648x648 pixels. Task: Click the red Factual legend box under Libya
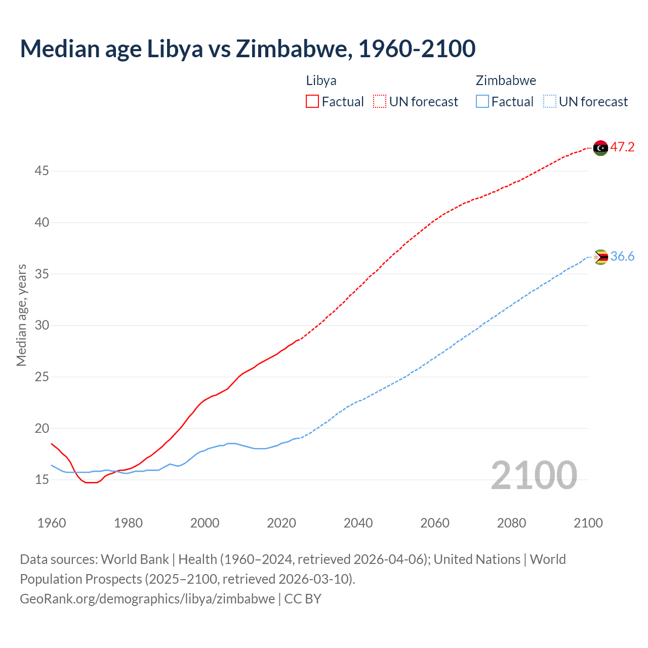point(312,101)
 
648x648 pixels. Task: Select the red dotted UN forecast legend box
point(380,101)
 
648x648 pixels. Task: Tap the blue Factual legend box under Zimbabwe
point(482,101)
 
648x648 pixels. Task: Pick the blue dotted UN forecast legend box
point(549,101)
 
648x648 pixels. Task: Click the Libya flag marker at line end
point(600,148)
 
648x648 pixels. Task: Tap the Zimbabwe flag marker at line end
point(600,257)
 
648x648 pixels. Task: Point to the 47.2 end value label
point(622,147)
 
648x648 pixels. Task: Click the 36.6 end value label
point(622,257)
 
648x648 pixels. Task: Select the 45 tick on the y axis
point(42,171)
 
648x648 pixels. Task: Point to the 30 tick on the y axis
point(42,326)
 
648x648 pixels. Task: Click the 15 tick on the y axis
point(42,479)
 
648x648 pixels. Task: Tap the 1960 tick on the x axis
point(52,523)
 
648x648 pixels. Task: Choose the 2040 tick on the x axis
point(358,523)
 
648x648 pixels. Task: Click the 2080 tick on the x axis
point(511,523)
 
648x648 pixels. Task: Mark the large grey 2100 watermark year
point(534,475)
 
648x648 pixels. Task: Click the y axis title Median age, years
point(21,315)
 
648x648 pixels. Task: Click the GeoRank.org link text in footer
point(147,599)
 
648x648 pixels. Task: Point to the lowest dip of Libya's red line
point(91,482)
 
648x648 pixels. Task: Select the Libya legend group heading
point(321,80)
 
